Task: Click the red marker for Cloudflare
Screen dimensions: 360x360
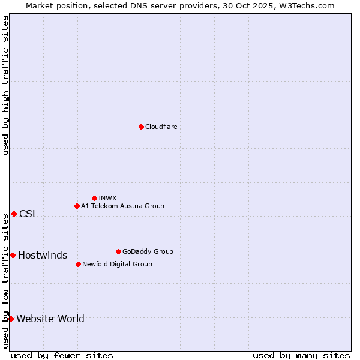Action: coord(141,127)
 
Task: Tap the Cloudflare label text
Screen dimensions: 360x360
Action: coord(161,127)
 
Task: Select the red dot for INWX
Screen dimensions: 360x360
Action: coord(94,198)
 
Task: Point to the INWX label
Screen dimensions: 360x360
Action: coord(107,198)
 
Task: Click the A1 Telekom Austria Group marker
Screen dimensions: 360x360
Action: coord(77,206)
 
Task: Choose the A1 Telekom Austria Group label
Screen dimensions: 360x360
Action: coord(122,206)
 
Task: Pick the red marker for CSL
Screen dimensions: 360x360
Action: coord(14,214)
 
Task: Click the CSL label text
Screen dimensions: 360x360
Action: coord(28,214)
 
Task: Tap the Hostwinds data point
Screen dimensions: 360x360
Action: coord(13,255)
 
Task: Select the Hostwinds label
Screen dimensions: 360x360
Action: coord(43,256)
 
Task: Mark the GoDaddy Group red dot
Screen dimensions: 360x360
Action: coord(118,251)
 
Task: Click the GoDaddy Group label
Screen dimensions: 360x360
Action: coord(148,251)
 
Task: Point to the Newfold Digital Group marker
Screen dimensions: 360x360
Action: coord(78,264)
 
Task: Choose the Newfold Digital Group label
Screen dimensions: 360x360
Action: coord(117,264)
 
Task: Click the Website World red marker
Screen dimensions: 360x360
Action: coord(11,319)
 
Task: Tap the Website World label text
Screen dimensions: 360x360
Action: coord(50,319)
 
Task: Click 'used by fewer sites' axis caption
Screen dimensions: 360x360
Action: coord(62,355)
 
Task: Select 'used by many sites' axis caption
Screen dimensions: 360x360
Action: coord(301,355)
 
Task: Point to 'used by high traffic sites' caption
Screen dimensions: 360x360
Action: coord(5,85)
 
